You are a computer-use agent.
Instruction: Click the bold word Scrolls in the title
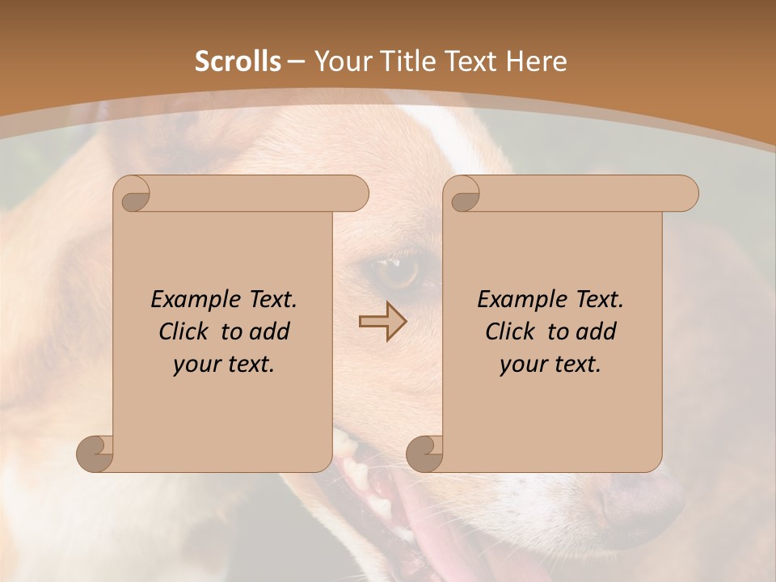click(238, 61)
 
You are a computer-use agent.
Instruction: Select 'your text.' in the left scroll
click(224, 365)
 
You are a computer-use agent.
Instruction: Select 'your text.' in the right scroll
click(550, 365)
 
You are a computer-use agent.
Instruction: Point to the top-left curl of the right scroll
click(463, 195)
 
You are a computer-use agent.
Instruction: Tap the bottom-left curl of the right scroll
click(424, 453)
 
